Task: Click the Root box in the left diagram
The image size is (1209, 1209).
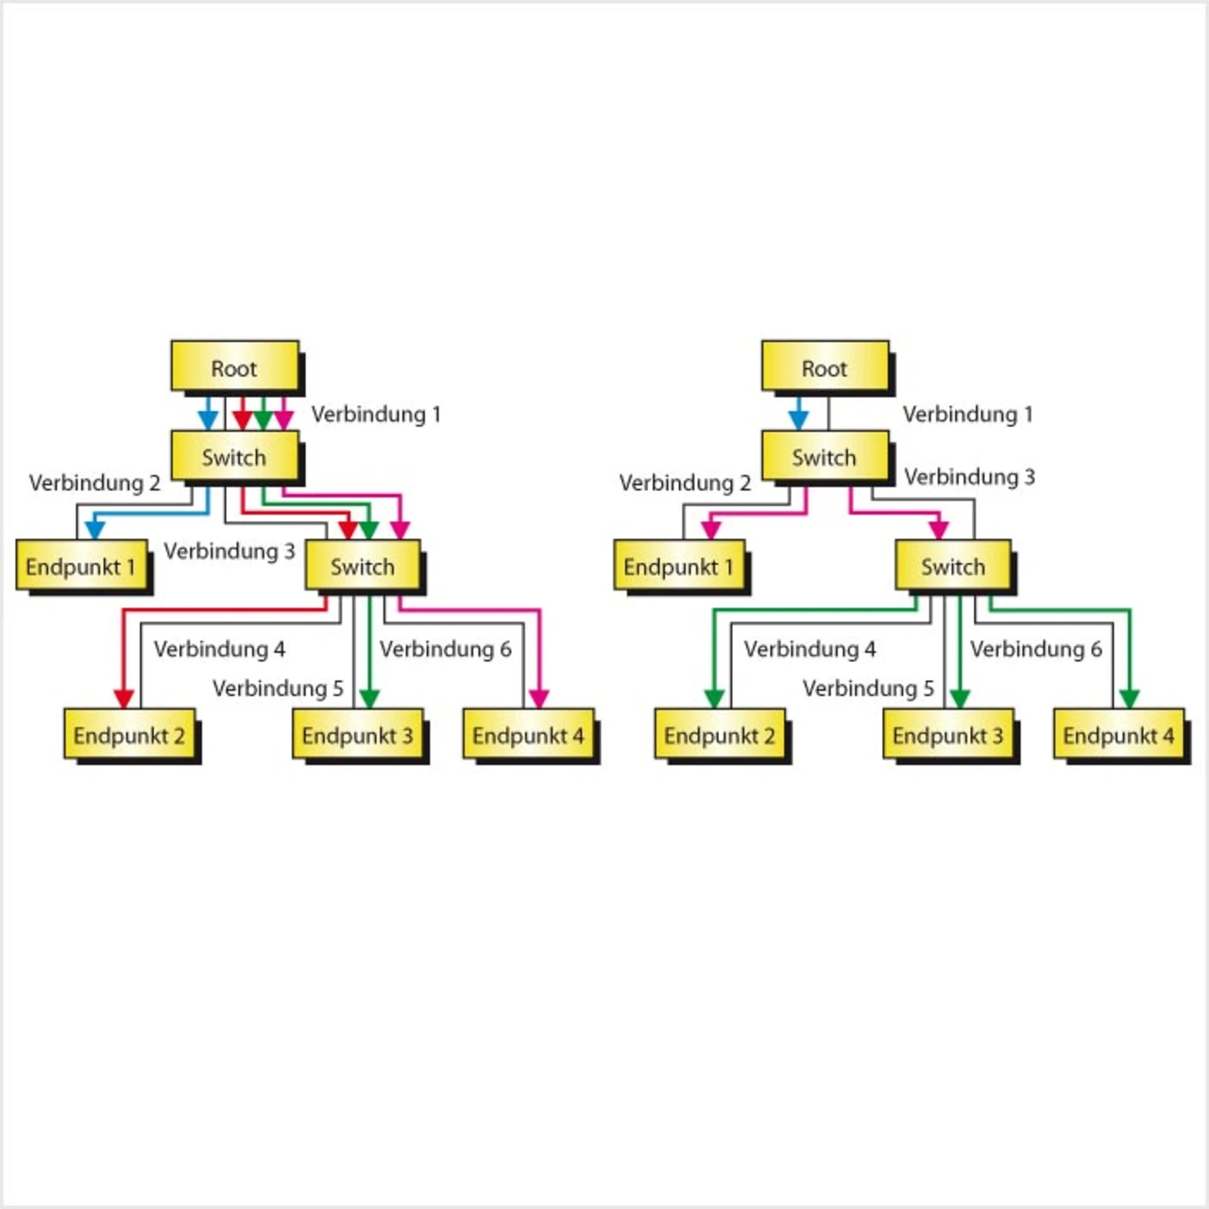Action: tap(234, 366)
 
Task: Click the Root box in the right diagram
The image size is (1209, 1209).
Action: tap(825, 366)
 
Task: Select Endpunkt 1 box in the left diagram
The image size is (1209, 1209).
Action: tap(81, 566)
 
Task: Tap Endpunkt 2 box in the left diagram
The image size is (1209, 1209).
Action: tap(129, 735)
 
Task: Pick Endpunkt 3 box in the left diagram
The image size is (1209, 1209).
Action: tap(357, 735)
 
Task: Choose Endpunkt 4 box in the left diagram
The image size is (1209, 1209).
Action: tap(528, 735)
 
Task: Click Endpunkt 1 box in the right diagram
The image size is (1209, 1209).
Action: tap(678, 566)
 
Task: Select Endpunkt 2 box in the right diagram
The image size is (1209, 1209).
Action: tap(720, 735)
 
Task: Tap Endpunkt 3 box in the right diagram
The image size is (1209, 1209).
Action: tap(948, 735)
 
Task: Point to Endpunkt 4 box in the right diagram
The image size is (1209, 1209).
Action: tap(1118, 735)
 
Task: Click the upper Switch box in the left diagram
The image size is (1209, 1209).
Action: tap(234, 457)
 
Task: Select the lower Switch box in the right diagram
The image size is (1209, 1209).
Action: tap(953, 566)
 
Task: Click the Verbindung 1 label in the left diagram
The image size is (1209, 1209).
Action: tap(376, 414)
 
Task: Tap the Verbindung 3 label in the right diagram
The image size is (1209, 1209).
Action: tap(969, 477)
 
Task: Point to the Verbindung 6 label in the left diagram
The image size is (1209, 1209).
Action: tap(445, 649)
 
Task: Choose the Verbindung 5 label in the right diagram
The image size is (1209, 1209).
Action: tap(868, 689)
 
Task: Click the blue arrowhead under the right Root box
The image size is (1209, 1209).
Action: tap(798, 418)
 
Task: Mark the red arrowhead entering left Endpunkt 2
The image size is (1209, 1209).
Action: tap(124, 698)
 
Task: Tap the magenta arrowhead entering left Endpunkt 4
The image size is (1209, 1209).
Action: tap(538, 698)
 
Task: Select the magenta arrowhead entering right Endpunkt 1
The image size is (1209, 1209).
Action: tap(711, 528)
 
